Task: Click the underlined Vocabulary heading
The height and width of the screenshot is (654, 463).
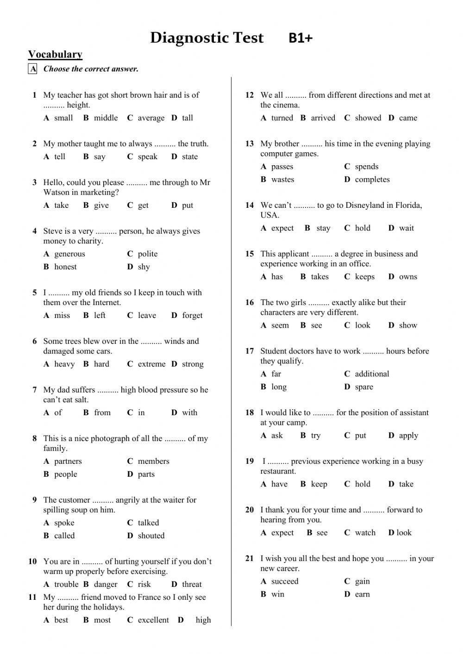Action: tap(55, 54)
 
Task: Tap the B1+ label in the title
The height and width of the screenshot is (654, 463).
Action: tap(300, 38)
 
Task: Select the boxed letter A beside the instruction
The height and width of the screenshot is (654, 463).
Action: tap(33, 69)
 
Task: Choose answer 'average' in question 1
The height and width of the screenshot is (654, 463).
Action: tap(151, 118)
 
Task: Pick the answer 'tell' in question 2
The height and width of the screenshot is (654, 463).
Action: tap(60, 157)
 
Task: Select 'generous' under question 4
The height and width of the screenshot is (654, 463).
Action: tap(69, 254)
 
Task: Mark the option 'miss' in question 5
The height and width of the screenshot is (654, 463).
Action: tap(62, 316)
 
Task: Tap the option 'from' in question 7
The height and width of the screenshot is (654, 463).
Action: tap(102, 413)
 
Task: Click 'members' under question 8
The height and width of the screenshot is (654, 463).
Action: tap(153, 461)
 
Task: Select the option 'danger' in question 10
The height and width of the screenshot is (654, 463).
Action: tap(106, 585)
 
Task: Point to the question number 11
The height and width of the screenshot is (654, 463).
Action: tap(32, 598)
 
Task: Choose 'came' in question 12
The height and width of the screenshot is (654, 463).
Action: tap(408, 118)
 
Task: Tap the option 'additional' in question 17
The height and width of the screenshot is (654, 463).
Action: tap(372, 374)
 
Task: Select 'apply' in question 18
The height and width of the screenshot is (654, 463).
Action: tap(408, 436)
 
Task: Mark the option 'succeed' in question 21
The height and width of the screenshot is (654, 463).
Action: tap(285, 582)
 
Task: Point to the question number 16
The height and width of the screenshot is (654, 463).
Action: tap(250, 303)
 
